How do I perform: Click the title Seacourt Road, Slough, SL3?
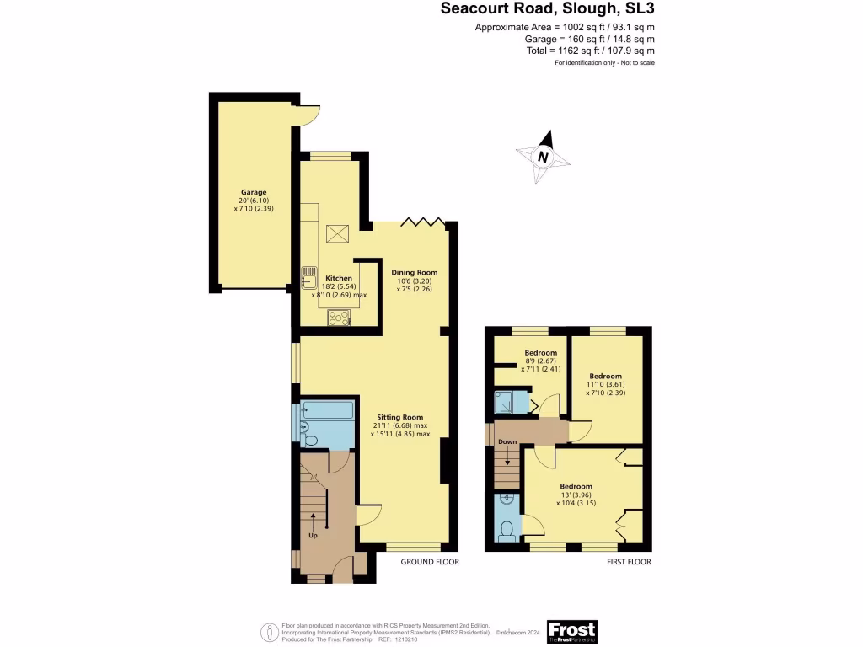548,9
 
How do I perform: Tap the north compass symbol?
544,157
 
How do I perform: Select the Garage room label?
254,192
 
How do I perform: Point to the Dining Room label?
414,273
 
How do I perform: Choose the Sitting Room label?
400,417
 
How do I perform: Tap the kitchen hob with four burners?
340,318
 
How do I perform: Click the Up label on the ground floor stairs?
313,534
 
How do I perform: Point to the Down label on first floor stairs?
507,441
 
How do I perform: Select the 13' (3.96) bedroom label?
576,487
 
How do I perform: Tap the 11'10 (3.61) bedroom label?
605,377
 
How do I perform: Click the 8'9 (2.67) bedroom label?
540,353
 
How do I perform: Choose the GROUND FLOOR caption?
430,562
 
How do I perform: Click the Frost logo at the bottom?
571,631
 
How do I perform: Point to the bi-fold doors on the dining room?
421,222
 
